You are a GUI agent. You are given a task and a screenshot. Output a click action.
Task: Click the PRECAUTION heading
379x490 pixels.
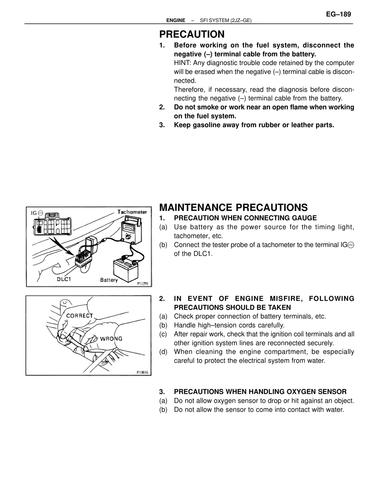pyautogui.click(x=192, y=34)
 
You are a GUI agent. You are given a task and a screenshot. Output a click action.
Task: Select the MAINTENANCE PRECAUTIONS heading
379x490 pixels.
pyautogui.click(x=233, y=207)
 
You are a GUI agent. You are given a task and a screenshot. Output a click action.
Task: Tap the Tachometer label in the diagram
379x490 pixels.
pyautogui.click(x=132, y=212)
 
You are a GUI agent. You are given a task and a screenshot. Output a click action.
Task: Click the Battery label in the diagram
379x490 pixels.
pyautogui.click(x=109, y=280)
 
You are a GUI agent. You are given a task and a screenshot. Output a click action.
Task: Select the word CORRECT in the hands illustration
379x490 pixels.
pyautogui.click(x=79, y=316)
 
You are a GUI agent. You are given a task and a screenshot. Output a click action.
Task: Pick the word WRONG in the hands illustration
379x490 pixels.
pyautogui.click(x=111, y=339)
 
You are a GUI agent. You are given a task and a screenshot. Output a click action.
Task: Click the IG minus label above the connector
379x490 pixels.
pyautogui.click(x=37, y=213)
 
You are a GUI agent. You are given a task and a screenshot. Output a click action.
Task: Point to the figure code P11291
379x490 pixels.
pyautogui.click(x=144, y=284)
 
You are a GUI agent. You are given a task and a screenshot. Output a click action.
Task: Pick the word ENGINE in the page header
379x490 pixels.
pyautogui.click(x=176, y=20)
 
